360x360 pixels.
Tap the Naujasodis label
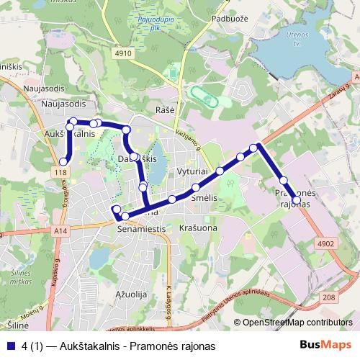point(63,104)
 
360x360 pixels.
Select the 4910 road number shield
point(123,53)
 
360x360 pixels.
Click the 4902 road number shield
point(326,244)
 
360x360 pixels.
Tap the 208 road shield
point(329,297)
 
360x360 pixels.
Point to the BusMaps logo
point(330,346)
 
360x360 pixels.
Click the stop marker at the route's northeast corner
point(253,148)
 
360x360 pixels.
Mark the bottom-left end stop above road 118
point(63,162)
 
